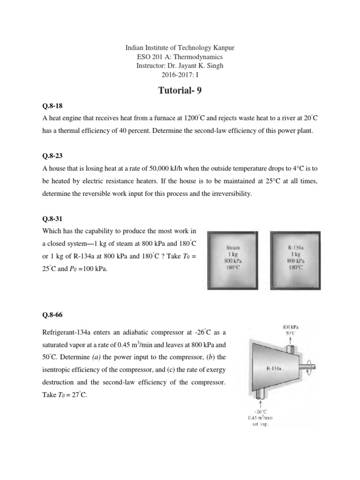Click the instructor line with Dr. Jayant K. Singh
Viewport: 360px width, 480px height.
tap(180, 66)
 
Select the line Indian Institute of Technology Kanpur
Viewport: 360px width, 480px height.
tap(180, 48)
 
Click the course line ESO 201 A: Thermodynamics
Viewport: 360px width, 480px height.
tap(180, 57)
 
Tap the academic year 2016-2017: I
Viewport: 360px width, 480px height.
tap(180, 75)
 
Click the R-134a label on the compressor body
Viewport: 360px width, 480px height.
tap(274, 368)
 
